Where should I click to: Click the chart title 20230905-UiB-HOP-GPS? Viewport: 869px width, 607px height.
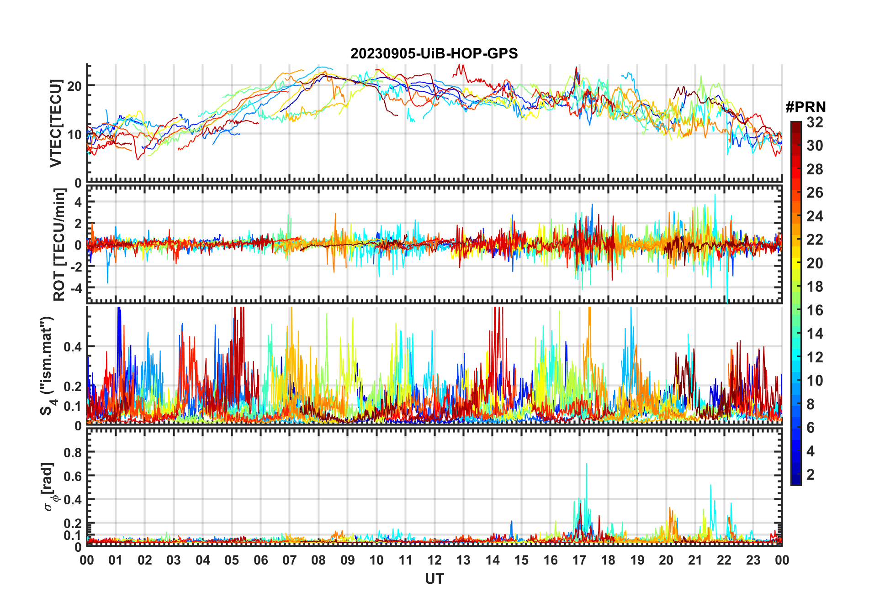click(434, 54)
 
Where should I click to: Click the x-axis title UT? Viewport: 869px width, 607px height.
click(434, 579)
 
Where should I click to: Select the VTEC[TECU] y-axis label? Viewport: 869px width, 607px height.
click(56, 123)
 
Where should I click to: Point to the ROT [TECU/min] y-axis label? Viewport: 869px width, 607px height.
click(59, 245)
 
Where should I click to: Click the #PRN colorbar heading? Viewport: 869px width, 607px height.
click(805, 107)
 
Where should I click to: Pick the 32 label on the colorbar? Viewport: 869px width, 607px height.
click(815, 122)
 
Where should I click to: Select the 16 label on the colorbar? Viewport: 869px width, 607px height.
click(815, 310)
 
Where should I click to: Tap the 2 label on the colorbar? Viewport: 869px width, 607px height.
click(811, 475)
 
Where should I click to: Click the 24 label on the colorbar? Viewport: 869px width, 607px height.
click(815, 216)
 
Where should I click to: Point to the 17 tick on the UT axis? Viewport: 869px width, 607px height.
click(579, 560)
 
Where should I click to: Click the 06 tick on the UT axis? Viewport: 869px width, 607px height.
click(260, 560)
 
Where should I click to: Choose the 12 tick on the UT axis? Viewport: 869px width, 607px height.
click(434, 560)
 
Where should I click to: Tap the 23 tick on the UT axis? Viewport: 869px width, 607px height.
click(753, 560)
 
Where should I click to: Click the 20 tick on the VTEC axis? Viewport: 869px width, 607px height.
click(74, 86)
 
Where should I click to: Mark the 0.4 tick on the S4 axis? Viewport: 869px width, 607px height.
click(73, 346)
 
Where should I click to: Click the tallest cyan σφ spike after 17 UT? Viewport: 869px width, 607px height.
click(586, 465)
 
